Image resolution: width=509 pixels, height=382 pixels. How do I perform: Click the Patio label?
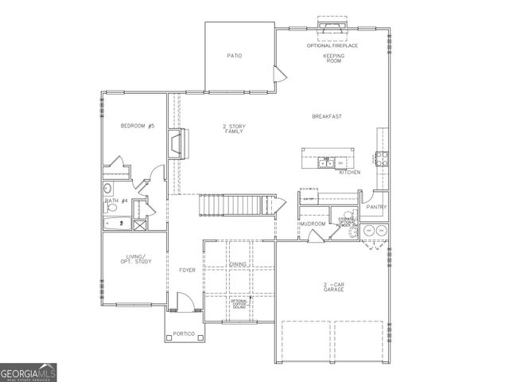click(233, 56)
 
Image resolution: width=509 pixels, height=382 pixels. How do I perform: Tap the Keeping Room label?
click(332, 58)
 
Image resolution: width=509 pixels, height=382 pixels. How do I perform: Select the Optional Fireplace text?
click(332, 45)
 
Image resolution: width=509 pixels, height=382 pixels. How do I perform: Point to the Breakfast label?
click(326, 117)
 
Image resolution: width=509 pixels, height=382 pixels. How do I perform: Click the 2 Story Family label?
click(233, 128)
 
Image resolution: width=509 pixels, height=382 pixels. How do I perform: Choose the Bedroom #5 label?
click(137, 126)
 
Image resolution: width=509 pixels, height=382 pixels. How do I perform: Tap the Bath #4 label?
click(116, 201)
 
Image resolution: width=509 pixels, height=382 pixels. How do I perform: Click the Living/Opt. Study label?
click(132, 259)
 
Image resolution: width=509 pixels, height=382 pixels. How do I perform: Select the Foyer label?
click(187, 271)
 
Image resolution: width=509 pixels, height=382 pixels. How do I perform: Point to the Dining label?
click(238, 264)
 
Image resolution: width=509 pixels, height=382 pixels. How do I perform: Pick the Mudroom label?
click(313, 224)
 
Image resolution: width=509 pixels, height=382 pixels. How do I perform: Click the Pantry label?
click(376, 207)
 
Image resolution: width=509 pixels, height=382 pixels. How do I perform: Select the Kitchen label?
click(350, 172)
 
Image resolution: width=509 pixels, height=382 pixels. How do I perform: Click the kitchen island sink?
click(325, 163)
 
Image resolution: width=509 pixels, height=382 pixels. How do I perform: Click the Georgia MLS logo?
click(29, 372)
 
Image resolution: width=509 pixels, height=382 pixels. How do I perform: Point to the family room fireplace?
click(174, 145)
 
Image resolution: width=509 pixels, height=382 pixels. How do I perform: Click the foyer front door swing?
click(184, 302)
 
